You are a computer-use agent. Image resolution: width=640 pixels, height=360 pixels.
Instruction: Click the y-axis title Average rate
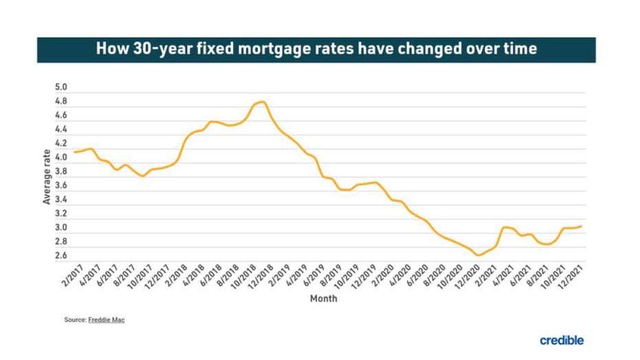coord(47,177)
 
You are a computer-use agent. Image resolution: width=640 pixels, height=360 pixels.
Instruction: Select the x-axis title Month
coord(323,299)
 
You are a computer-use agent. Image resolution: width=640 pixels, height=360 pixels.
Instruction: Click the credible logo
coord(562,340)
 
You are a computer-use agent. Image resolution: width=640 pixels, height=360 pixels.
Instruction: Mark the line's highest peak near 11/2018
coord(263,102)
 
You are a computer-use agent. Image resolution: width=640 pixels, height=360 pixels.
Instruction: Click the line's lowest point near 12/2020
coord(479,255)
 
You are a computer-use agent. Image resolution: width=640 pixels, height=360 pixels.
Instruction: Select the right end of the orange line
coord(582,226)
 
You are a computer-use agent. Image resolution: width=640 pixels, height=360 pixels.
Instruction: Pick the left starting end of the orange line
coord(73,152)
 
